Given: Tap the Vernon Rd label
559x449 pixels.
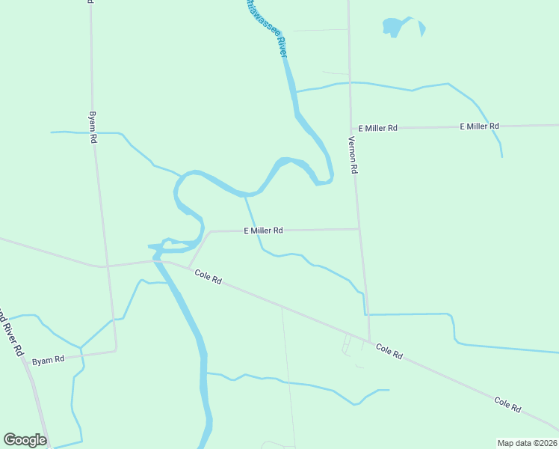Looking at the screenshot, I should click(x=353, y=155).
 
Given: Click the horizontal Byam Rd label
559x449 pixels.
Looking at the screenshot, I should click(x=49, y=360).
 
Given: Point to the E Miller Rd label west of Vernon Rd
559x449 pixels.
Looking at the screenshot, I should click(x=263, y=230).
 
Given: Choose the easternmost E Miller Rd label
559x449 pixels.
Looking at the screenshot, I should click(x=479, y=126).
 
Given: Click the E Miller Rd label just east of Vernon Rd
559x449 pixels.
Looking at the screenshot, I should click(x=377, y=128).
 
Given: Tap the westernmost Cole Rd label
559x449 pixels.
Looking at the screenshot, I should click(x=208, y=277).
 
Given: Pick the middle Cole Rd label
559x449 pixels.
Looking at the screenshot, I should click(x=389, y=351).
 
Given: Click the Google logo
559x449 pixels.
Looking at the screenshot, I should click(x=25, y=440).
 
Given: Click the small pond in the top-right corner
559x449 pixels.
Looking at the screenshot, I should click(x=396, y=27).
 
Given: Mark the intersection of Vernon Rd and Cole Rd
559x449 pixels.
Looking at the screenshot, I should click(x=369, y=341).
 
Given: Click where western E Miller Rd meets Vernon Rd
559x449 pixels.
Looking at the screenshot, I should click(x=359, y=229).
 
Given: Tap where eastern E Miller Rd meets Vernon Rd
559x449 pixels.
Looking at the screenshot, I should click(x=351, y=129).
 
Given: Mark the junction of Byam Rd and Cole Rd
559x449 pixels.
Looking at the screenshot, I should click(x=105, y=266).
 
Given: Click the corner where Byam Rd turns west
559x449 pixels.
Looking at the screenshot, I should click(x=117, y=349).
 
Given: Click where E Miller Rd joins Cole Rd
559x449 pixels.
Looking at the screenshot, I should click(x=188, y=268).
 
